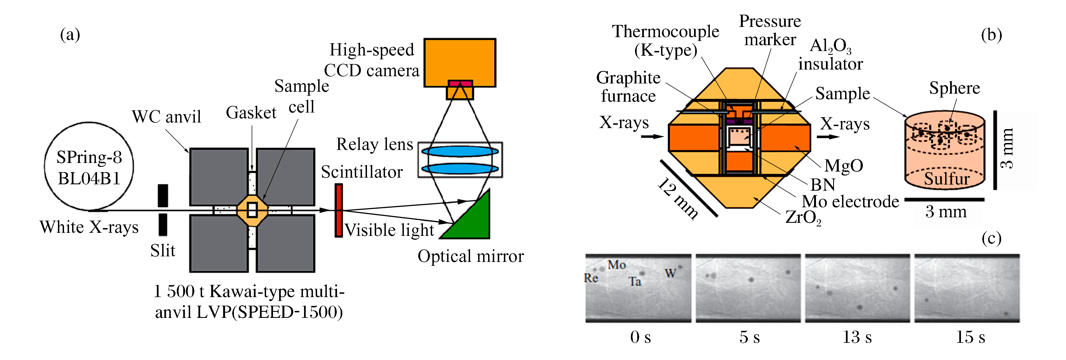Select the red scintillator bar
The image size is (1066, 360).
338,210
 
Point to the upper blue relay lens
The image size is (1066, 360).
460,151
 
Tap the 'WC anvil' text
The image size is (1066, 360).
166,117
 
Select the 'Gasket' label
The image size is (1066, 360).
251,113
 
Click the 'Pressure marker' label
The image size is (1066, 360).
770,30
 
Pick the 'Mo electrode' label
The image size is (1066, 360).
850,201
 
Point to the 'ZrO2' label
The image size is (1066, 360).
803,218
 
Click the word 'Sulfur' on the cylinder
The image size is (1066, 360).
947,179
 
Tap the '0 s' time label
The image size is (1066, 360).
640,337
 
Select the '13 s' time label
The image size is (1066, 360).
857,337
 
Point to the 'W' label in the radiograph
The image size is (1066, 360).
670,273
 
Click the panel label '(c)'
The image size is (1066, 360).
991,239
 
